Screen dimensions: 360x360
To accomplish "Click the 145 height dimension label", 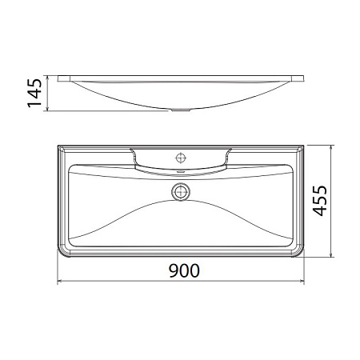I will coord(34,94).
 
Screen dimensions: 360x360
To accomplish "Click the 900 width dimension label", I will coord(182,270).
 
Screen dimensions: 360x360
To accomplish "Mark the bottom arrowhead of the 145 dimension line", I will coord(50,110).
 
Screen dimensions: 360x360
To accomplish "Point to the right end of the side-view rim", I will coord(306,78).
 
